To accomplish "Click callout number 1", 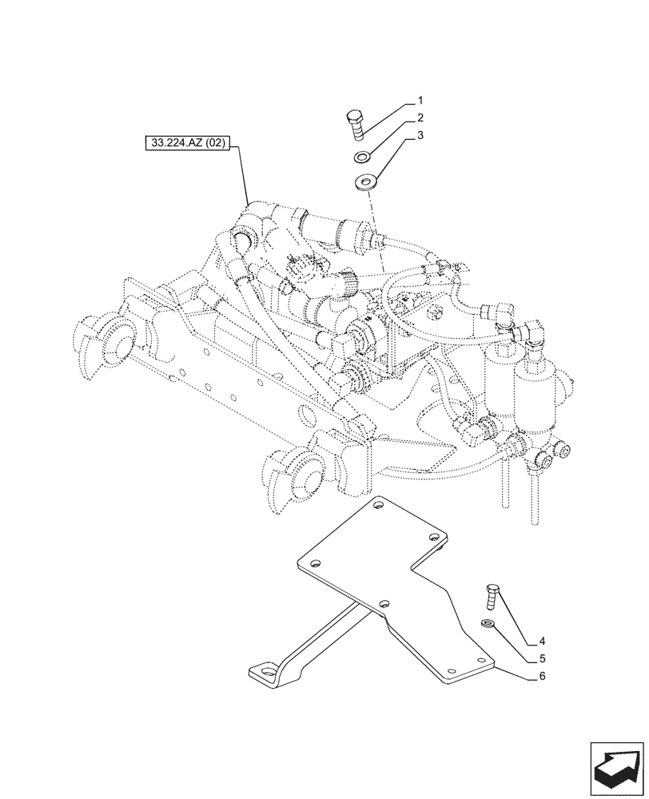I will point(419,101).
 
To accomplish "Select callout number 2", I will point(419,118).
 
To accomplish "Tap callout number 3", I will point(419,136).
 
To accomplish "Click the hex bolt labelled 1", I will point(356,127).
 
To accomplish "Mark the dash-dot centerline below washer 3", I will point(376,232).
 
